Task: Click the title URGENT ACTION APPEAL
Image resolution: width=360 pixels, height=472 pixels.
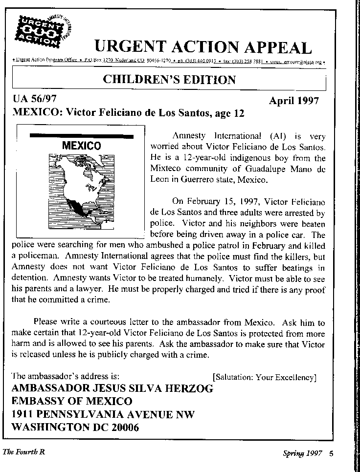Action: coord(202,47)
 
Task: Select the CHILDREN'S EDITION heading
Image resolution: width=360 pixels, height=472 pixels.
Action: coord(169,80)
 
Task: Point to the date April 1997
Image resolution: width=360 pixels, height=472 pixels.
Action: coord(293,101)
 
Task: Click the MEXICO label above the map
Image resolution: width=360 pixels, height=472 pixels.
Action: coord(81,146)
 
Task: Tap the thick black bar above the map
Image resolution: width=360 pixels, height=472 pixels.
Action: coord(81,135)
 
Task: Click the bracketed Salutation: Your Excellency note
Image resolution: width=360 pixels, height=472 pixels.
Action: coord(264,377)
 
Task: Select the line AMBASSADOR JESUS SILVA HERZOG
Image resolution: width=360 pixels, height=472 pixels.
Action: coord(112,389)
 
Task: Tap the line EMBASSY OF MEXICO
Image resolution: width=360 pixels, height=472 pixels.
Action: coord(71,402)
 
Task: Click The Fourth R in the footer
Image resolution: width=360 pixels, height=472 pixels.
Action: coord(23,452)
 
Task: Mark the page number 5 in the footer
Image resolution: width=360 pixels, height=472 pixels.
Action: coord(331,453)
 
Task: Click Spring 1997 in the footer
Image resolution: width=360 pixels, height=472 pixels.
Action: coord(302,453)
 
